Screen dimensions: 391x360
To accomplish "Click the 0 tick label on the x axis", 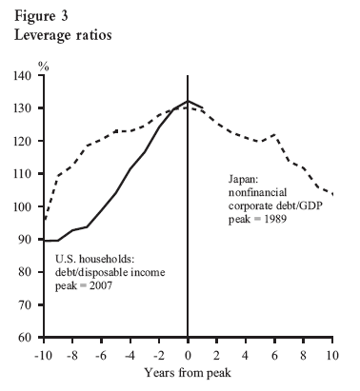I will pyautogui.click(x=187, y=354).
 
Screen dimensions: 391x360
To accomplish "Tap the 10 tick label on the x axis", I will pyautogui.click(x=333, y=354).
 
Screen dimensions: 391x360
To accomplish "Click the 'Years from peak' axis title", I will pyautogui.click(x=188, y=374).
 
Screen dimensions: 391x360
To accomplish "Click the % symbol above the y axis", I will pyautogui.click(x=44, y=66).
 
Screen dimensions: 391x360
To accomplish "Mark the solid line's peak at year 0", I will pyautogui.click(x=187, y=101).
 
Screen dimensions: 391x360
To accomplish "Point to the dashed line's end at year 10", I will pyautogui.click(x=333, y=194).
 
